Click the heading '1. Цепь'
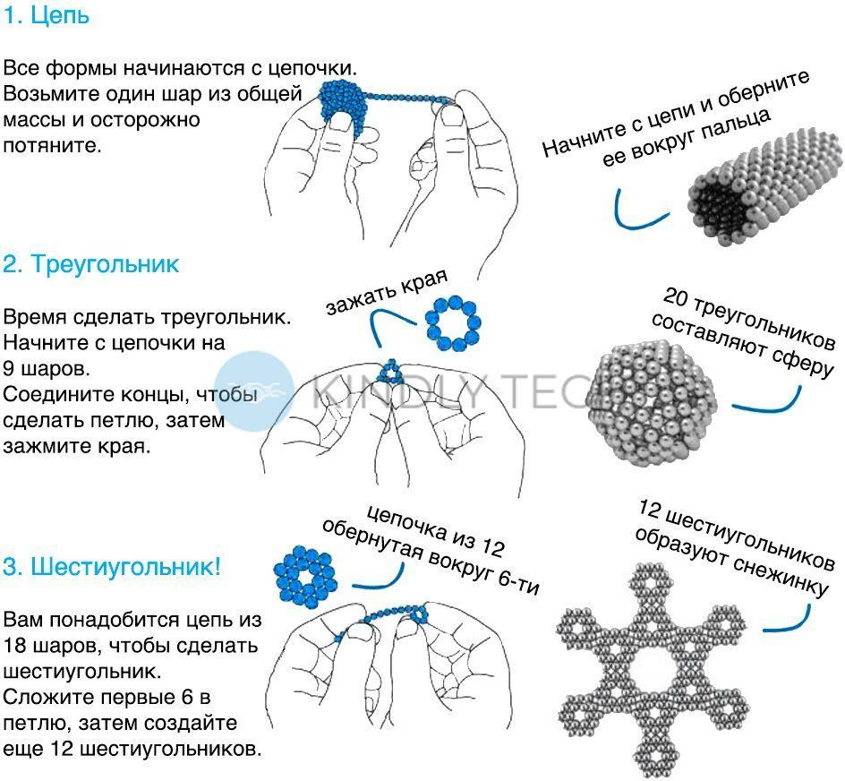[x=46, y=15]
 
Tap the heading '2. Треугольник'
[x=90, y=264]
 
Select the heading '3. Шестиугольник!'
[x=112, y=567]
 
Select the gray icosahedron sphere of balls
[x=651, y=403]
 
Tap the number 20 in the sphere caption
[x=674, y=296]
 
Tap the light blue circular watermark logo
[x=254, y=391]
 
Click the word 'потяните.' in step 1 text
[x=52, y=146]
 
